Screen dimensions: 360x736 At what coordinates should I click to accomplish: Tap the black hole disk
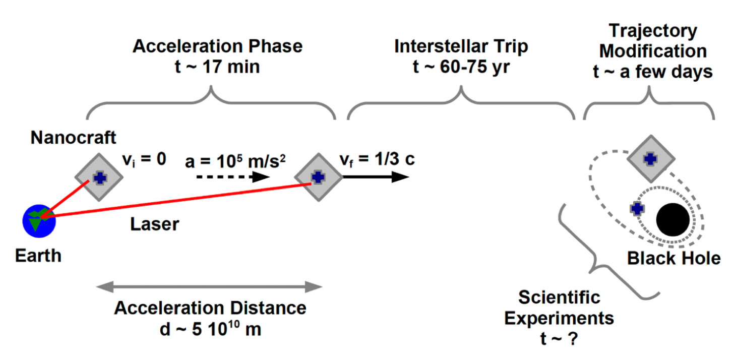pos(672,220)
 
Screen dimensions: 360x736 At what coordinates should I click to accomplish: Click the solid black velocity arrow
pos(375,177)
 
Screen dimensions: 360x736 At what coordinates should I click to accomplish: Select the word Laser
pos(154,223)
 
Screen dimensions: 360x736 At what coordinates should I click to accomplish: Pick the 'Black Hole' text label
pos(673,258)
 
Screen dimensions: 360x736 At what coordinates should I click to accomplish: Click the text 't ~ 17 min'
pos(217,66)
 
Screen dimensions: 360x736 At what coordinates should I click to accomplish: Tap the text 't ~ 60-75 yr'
pos(461,66)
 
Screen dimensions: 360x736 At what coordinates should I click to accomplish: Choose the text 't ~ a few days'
pos(653,72)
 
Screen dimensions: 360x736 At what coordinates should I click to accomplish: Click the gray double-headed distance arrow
pos(209,287)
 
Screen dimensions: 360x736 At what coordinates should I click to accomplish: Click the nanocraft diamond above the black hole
pos(651,158)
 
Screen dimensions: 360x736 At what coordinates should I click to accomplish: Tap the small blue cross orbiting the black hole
pos(637,207)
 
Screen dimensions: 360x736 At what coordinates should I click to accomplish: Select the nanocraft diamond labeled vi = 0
pos(99,177)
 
